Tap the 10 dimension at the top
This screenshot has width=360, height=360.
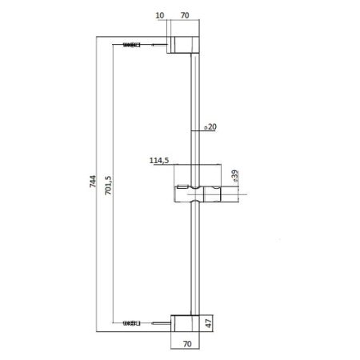pyautogui.click(x=161, y=14)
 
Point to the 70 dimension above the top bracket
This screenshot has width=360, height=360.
pyautogui.click(x=184, y=14)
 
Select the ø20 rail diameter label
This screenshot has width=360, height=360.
pyautogui.click(x=210, y=126)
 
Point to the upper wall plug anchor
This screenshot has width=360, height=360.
pyautogui.click(x=131, y=46)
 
